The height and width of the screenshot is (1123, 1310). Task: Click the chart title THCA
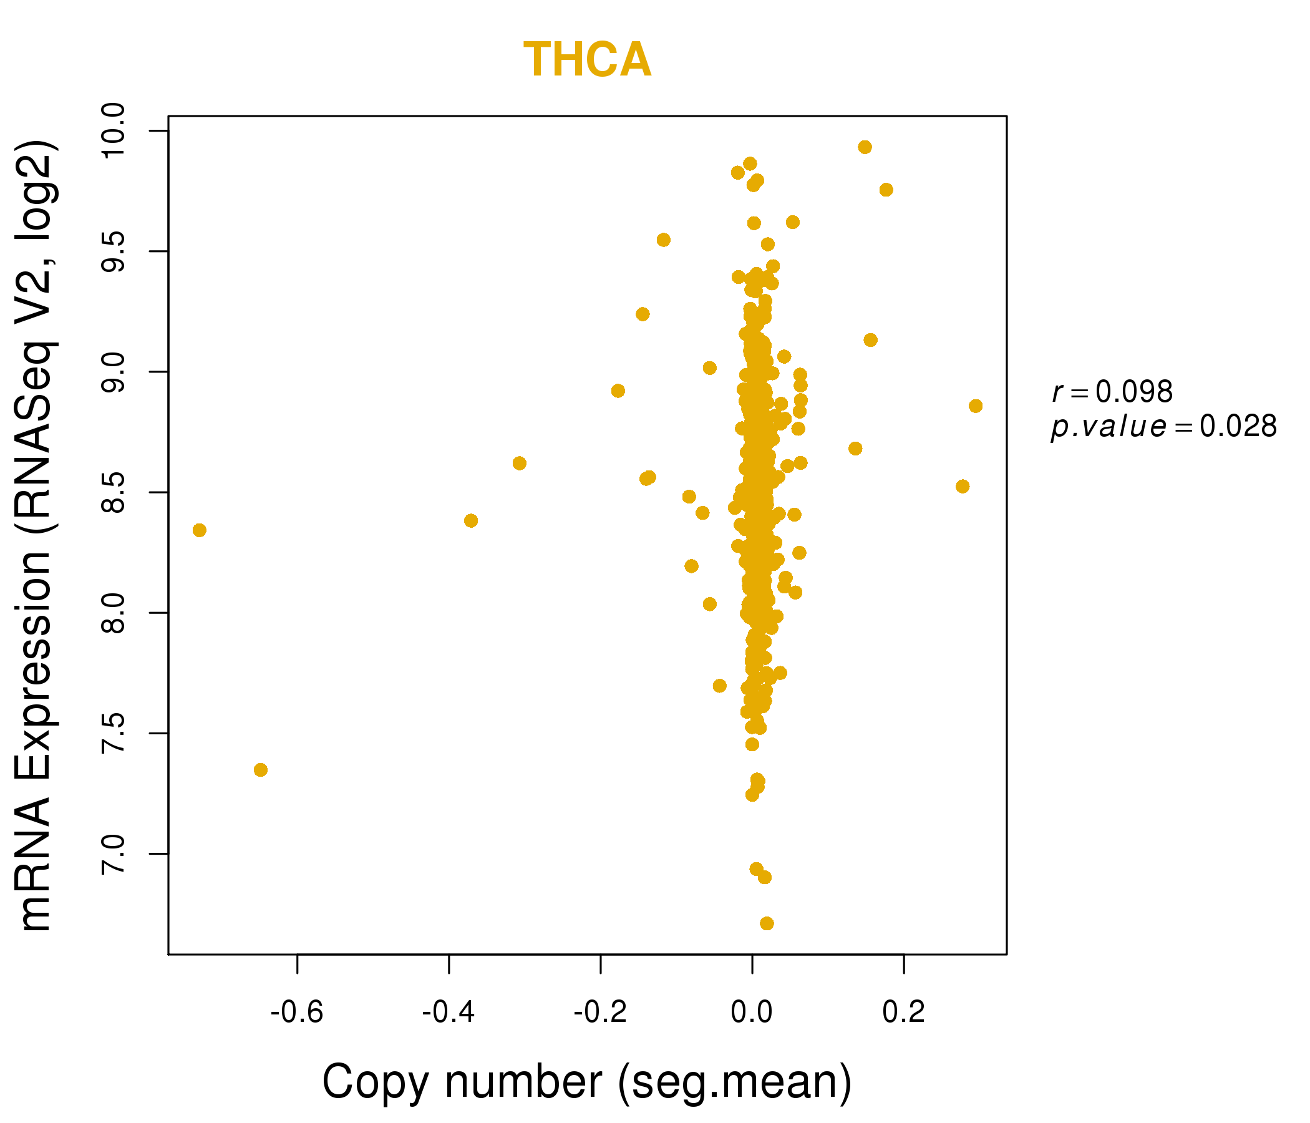(588, 60)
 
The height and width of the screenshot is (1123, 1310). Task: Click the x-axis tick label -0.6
(296, 1013)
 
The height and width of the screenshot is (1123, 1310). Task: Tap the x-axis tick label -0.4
(449, 1013)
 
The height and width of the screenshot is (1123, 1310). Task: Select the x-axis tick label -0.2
(600, 1013)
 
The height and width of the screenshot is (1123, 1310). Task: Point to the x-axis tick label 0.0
(752, 1013)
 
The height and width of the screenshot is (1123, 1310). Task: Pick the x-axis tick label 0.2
(903, 1013)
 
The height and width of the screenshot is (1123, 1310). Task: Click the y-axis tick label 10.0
(114, 131)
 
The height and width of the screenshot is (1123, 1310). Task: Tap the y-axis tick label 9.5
(114, 251)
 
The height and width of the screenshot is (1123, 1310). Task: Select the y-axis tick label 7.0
(114, 853)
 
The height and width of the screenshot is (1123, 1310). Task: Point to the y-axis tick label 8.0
(114, 613)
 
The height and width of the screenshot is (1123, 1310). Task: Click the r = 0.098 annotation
(1112, 392)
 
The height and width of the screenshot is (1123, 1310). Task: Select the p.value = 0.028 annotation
(1163, 427)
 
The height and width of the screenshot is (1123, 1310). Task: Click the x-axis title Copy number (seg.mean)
(588, 1082)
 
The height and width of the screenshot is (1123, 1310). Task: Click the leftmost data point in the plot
(199, 530)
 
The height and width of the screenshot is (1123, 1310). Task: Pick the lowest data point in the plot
(767, 924)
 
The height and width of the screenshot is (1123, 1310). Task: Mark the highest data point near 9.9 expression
(865, 147)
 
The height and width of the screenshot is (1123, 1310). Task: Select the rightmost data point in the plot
(976, 406)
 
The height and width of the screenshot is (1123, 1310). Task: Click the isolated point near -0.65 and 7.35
(261, 769)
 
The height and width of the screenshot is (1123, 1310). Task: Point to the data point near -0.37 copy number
(471, 521)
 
